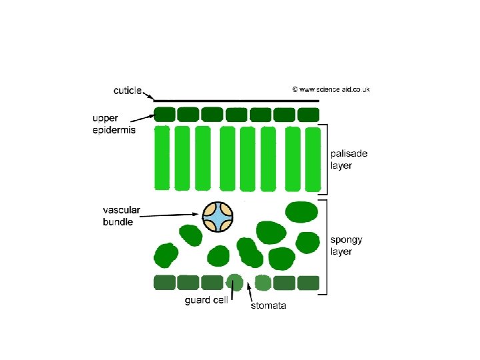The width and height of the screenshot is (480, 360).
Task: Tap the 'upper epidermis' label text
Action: click(x=113, y=125)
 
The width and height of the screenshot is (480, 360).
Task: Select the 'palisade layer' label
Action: click(x=349, y=159)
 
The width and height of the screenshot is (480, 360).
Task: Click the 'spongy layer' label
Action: click(x=347, y=245)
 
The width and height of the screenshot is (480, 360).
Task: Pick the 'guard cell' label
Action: click(x=206, y=300)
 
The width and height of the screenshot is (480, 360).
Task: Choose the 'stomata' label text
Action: click(x=268, y=306)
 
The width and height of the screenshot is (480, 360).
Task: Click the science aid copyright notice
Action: click(x=331, y=89)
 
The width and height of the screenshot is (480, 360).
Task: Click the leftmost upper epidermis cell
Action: click(x=164, y=114)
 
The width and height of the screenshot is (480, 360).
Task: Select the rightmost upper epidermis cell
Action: click(x=309, y=114)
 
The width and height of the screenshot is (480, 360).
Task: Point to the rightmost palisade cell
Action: click(x=311, y=158)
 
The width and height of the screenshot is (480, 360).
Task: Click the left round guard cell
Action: click(x=234, y=282)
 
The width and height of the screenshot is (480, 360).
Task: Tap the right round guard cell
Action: click(x=263, y=282)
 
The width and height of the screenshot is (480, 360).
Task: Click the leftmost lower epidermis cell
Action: click(x=164, y=283)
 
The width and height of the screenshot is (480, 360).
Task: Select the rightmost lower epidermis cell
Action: click(x=308, y=283)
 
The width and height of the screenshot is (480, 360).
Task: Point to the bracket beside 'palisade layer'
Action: click(x=326, y=158)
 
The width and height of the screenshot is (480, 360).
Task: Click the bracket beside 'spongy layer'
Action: click(x=326, y=245)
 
